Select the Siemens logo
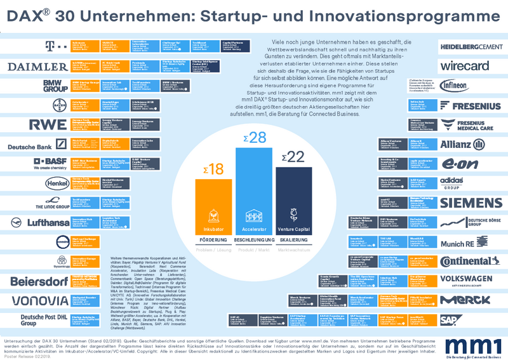coord(471,203)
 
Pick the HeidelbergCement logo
coord(471,46)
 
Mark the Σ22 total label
coord(293,156)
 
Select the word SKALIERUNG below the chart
coord(293,243)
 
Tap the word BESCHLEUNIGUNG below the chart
coord(253,243)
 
